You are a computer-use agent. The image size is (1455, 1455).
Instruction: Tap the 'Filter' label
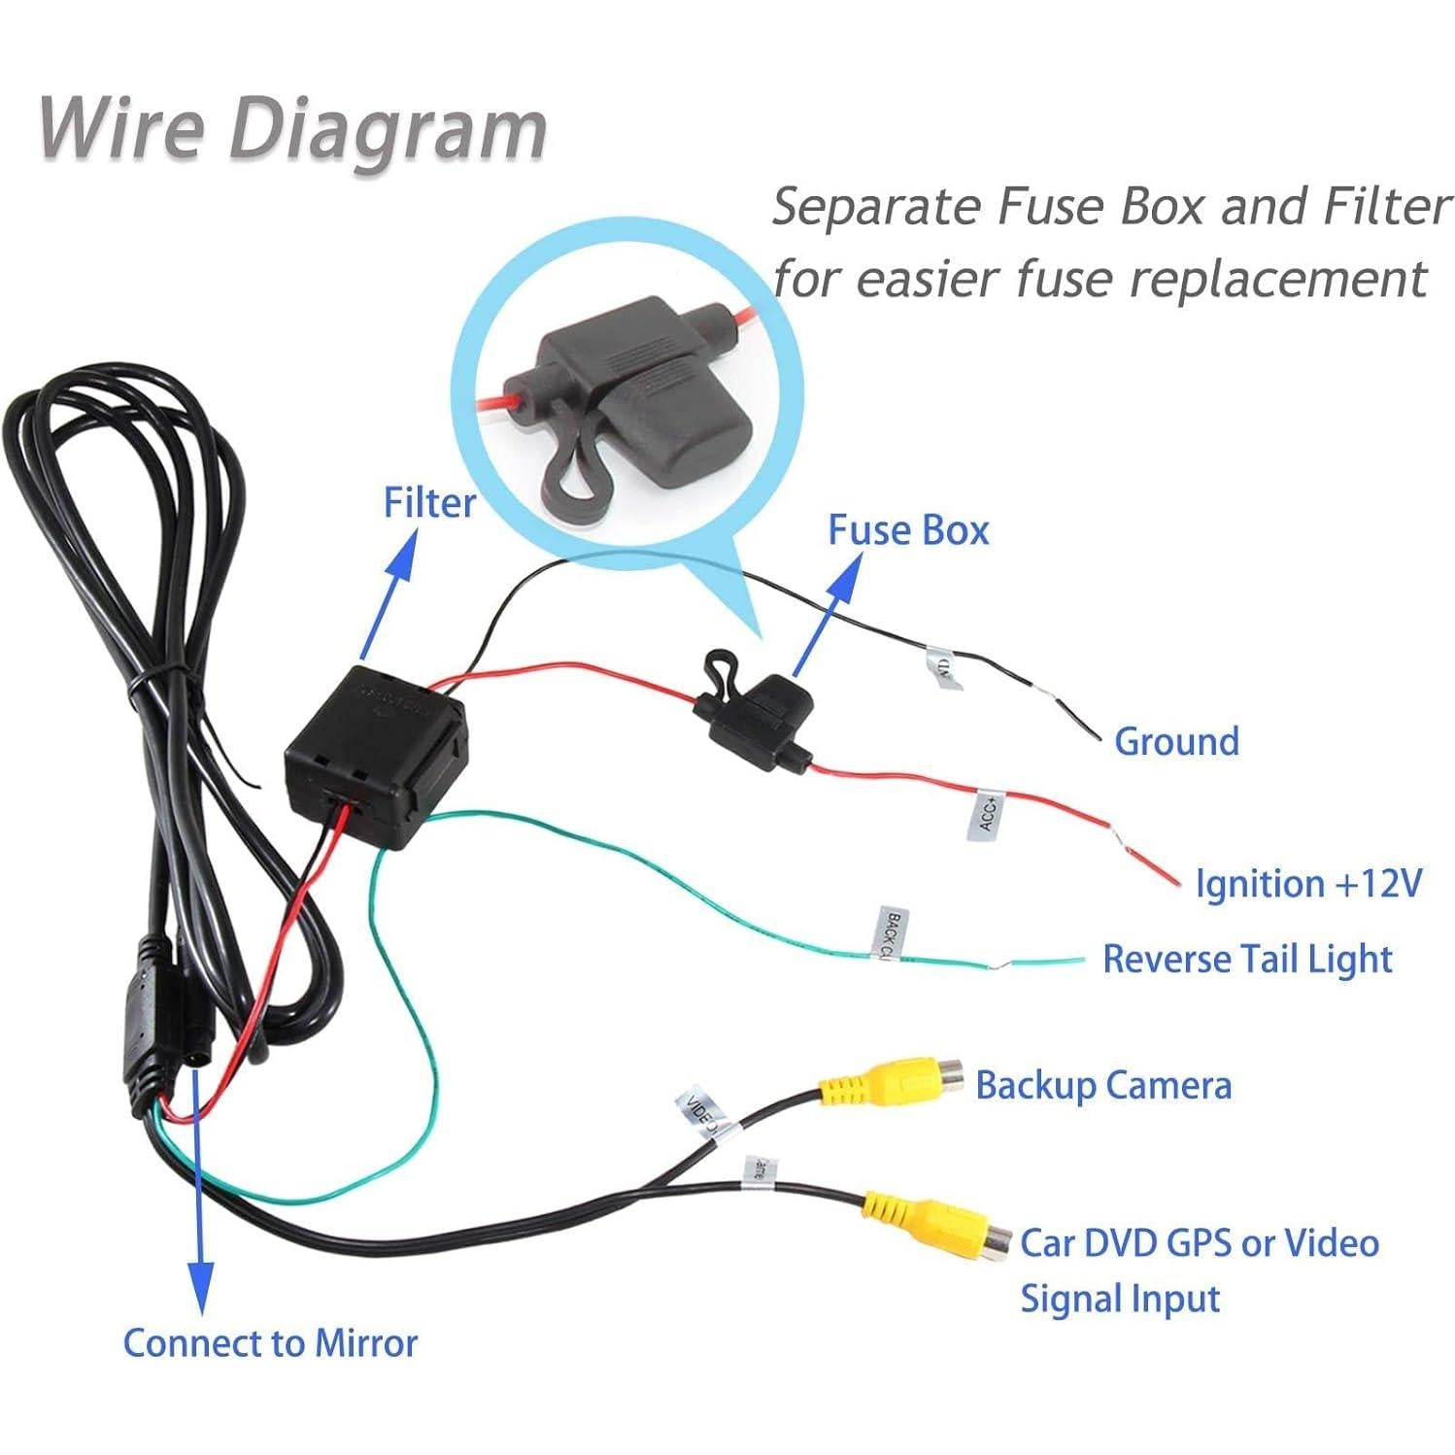(x=429, y=503)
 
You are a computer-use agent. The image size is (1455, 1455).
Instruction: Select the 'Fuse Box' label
(x=907, y=530)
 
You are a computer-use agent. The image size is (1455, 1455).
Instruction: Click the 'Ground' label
(x=1176, y=741)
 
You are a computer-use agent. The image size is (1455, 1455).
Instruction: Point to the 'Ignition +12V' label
(x=1307, y=884)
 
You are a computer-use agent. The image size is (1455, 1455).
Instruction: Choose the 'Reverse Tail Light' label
(x=1247, y=959)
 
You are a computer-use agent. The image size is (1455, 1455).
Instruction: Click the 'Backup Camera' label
(x=1102, y=1085)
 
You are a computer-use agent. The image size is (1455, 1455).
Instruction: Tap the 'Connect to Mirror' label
(x=270, y=1342)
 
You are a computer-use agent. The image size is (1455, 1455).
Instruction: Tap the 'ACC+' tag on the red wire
(x=985, y=814)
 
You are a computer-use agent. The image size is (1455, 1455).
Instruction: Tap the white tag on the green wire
(x=890, y=932)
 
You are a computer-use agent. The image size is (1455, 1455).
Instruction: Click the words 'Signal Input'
(x=1119, y=1299)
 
